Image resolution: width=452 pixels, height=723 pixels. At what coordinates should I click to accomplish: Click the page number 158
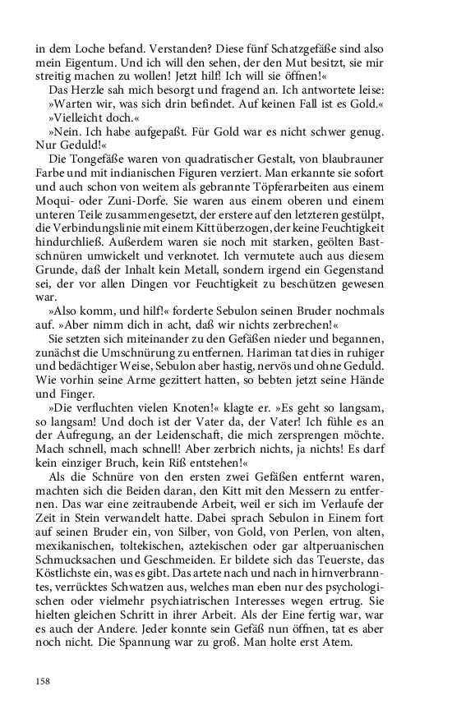(x=43, y=680)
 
